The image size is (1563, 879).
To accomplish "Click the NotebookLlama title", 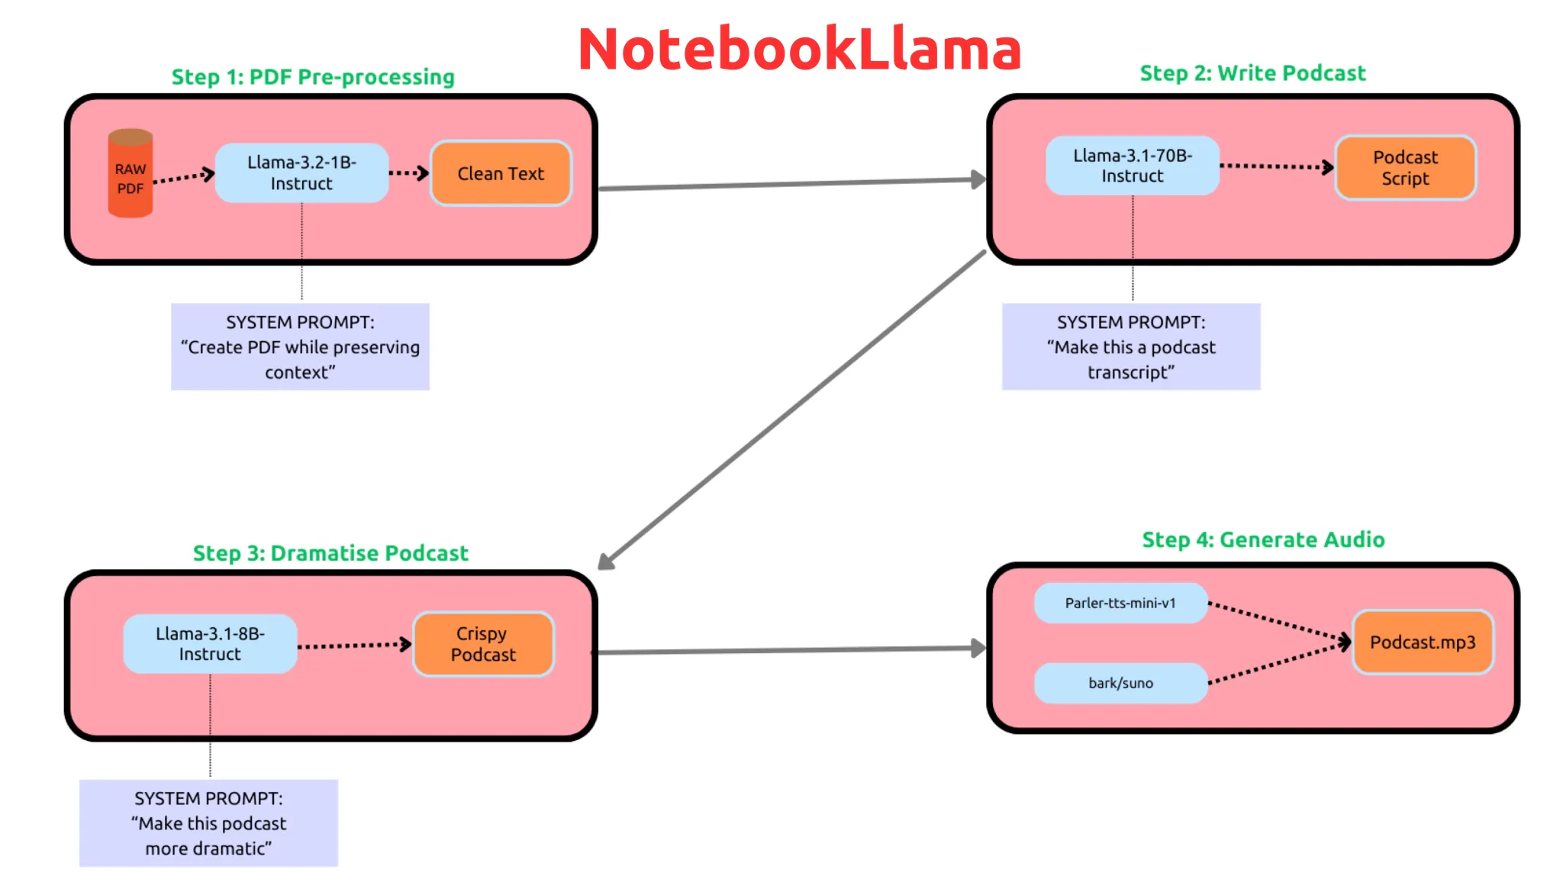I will [799, 50].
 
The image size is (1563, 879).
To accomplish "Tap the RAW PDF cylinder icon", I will [131, 174].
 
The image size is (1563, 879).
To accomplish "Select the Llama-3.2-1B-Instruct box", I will [301, 173].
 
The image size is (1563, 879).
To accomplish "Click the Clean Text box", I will [501, 174].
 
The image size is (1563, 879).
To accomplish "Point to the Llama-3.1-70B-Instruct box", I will [1132, 166].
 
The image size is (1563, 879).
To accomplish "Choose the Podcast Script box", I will [1405, 168].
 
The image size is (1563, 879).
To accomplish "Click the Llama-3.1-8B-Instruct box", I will [210, 644].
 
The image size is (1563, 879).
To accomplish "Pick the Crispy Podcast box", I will [483, 644].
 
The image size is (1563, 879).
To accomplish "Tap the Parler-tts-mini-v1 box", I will [1120, 603].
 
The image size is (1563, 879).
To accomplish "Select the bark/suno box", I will [1120, 683].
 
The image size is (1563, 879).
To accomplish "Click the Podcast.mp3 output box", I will [1423, 642].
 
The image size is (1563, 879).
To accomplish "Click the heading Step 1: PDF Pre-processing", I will [313, 77].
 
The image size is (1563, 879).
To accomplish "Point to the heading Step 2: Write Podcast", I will [1252, 73].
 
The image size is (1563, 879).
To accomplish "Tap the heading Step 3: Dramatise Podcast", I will [330, 553].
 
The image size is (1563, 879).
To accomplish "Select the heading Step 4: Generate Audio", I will [1263, 540].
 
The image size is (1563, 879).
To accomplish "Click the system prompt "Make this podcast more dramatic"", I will [208, 823].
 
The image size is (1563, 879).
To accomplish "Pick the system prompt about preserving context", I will [300, 347].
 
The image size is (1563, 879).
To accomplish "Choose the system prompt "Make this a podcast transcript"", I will [1131, 347].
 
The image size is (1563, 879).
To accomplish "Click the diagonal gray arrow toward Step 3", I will [794, 409].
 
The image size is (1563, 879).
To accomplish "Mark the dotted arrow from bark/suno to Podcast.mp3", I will [1278, 664].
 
